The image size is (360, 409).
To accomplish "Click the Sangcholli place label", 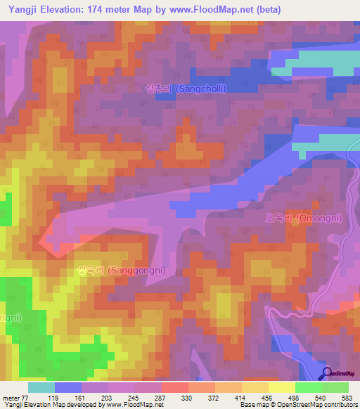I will [x=180, y=89].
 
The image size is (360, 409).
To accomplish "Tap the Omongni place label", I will [x=303, y=219].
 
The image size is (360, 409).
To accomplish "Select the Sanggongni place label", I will [x=112, y=271].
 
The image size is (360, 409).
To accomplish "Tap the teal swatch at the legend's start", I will [x=41, y=387].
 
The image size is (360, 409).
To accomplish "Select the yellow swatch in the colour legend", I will [x=281, y=387].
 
